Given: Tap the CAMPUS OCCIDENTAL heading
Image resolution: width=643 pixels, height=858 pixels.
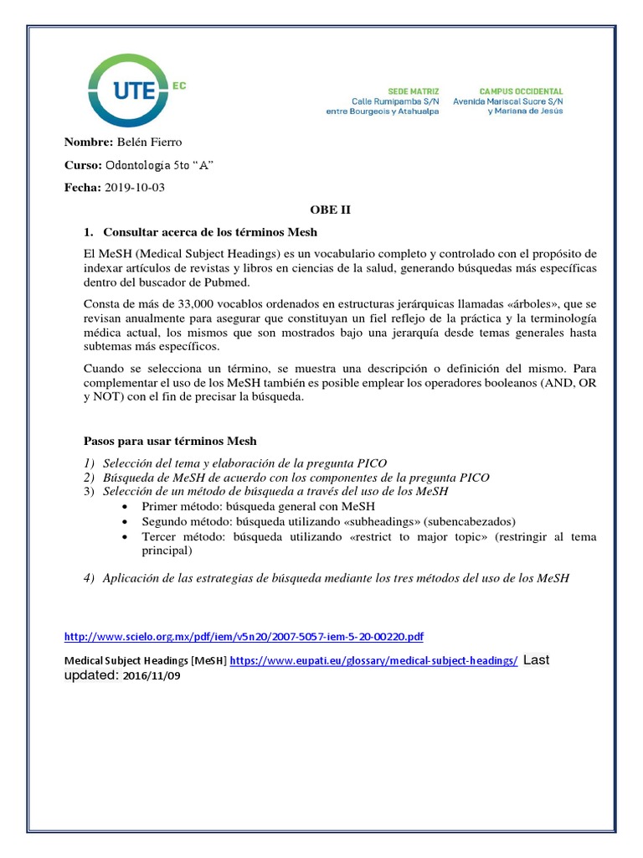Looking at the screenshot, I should click(521, 90).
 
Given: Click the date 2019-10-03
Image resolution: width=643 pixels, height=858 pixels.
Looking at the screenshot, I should click(135, 187).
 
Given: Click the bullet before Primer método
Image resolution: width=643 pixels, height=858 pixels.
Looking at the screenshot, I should click(125, 507).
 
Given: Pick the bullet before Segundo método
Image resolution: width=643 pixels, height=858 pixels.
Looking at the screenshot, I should click(125, 521).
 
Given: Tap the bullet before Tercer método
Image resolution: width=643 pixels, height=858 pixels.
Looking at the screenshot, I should click(125, 537).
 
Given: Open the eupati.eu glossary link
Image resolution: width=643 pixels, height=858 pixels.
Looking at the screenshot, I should click(373, 660).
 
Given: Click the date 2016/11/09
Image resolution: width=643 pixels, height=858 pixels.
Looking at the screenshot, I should click(151, 675).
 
